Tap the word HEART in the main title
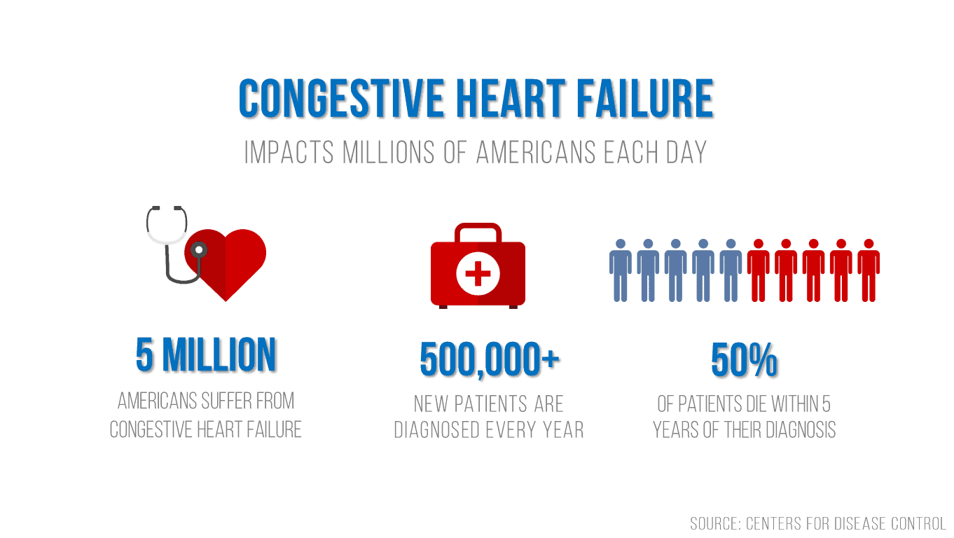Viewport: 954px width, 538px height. (511, 98)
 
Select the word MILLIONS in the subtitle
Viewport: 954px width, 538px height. (389, 153)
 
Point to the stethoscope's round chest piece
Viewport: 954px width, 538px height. (198, 250)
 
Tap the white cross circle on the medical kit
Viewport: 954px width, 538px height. (478, 274)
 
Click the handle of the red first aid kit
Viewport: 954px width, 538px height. (478, 232)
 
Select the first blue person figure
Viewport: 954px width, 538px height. (621, 270)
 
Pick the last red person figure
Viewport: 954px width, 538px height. (869, 270)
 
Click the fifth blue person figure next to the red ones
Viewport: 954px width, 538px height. (731, 270)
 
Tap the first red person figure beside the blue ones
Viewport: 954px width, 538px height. (759, 270)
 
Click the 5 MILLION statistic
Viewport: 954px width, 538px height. (206, 354)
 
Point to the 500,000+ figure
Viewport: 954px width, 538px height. (490, 359)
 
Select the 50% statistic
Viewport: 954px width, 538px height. (744, 360)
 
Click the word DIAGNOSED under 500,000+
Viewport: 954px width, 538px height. (437, 430)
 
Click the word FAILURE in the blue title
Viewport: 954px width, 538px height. (646, 98)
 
